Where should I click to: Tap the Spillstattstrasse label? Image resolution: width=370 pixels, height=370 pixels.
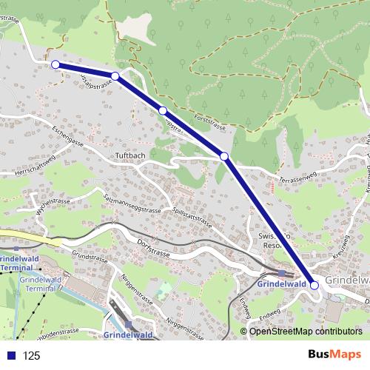(192, 215)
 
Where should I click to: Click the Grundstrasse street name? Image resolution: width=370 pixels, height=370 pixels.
(90, 258)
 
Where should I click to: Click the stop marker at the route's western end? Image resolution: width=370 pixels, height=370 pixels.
(55, 64)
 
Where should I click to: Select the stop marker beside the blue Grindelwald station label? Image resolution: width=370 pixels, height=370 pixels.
(314, 285)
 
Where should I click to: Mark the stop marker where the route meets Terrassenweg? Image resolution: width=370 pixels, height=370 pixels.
(224, 156)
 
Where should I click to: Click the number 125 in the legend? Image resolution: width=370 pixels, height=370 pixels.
(31, 356)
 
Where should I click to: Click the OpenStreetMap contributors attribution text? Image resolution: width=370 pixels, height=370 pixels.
(306, 332)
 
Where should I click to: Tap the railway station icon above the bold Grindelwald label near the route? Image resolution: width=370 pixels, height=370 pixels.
(281, 273)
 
